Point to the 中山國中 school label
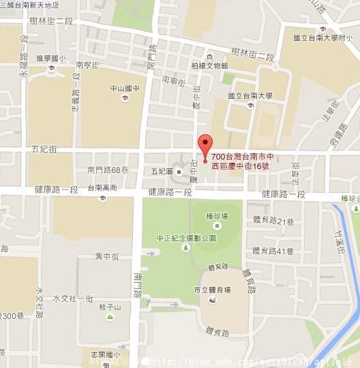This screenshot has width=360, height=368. (125, 88)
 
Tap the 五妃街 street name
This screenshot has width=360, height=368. (44, 148)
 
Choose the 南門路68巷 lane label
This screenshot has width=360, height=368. (108, 169)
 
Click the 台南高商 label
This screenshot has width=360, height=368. (102, 188)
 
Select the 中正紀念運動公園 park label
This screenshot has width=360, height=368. (185, 238)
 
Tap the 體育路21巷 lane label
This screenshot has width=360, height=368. (273, 221)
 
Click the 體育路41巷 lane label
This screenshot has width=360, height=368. (272, 252)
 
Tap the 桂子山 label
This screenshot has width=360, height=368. (109, 308)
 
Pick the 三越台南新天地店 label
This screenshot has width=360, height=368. (29, 4)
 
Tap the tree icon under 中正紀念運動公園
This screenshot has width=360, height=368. (185, 249)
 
